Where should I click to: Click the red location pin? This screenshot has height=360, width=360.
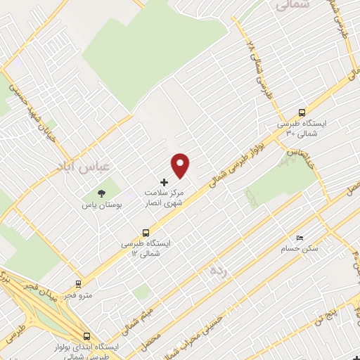[x=181, y=165]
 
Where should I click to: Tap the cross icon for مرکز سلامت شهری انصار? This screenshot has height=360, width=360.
[x=165, y=182]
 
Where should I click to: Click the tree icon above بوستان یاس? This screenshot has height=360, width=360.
[x=102, y=193]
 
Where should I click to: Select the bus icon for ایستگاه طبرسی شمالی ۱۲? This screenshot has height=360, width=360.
[x=146, y=232]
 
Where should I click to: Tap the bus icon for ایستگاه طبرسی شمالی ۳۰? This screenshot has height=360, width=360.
[x=302, y=112]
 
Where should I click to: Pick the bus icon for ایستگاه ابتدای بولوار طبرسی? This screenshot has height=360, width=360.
[x=86, y=337]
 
